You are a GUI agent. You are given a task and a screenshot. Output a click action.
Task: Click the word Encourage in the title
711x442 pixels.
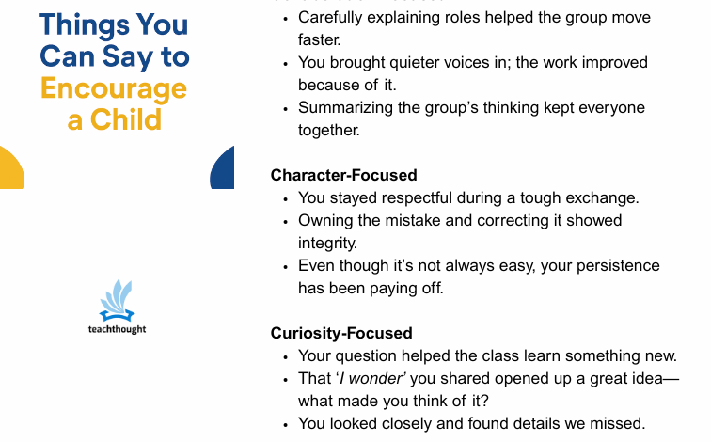[x=114, y=88]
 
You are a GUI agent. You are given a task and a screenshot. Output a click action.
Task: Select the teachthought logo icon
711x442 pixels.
[x=118, y=300]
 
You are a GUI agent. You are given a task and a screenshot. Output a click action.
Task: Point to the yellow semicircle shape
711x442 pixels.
[x=9, y=169]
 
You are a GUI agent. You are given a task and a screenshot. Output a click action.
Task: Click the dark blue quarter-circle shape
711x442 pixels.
[x=224, y=169]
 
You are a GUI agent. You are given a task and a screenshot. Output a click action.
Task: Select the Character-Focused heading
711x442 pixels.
[x=343, y=175]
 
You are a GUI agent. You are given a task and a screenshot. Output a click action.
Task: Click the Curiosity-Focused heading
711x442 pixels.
[x=341, y=333]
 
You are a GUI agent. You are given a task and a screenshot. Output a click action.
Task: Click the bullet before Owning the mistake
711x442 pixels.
[x=286, y=221]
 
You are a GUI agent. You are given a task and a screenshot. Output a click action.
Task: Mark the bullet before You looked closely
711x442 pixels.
[x=286, y=424]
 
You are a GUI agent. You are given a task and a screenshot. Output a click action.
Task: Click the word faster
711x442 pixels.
[x=320, y=39]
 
